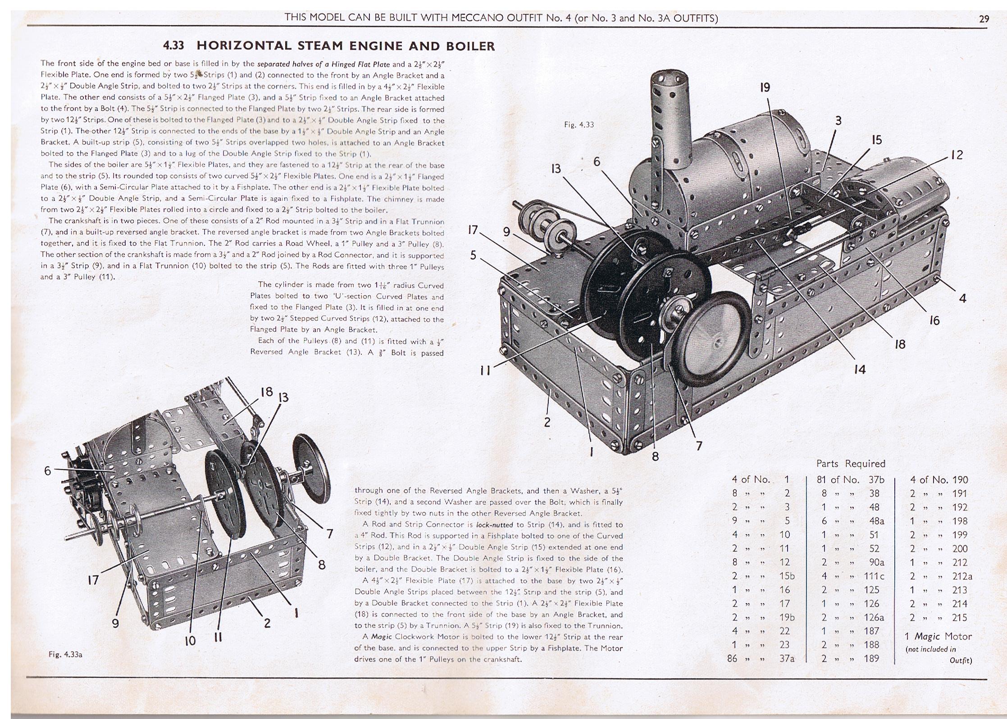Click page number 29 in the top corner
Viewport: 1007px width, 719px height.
(984, 18)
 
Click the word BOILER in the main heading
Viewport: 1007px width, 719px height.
(470, 46)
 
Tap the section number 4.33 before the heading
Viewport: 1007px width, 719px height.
(173, 45)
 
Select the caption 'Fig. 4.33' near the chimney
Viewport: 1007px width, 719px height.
(579, 125)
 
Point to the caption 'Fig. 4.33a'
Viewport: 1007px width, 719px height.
(65, 655)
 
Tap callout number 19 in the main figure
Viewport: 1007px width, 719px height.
(765, 87)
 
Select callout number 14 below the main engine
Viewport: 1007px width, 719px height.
(860, 369)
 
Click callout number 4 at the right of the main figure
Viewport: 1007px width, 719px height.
(962, 298)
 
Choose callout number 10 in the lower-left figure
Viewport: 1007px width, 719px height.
(190, 640)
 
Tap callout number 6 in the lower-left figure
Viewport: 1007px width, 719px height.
(48, 471)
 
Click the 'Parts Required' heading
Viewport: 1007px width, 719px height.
(851, 464)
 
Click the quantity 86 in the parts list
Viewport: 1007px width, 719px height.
(733, 658)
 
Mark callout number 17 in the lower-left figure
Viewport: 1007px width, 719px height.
(93, 580)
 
